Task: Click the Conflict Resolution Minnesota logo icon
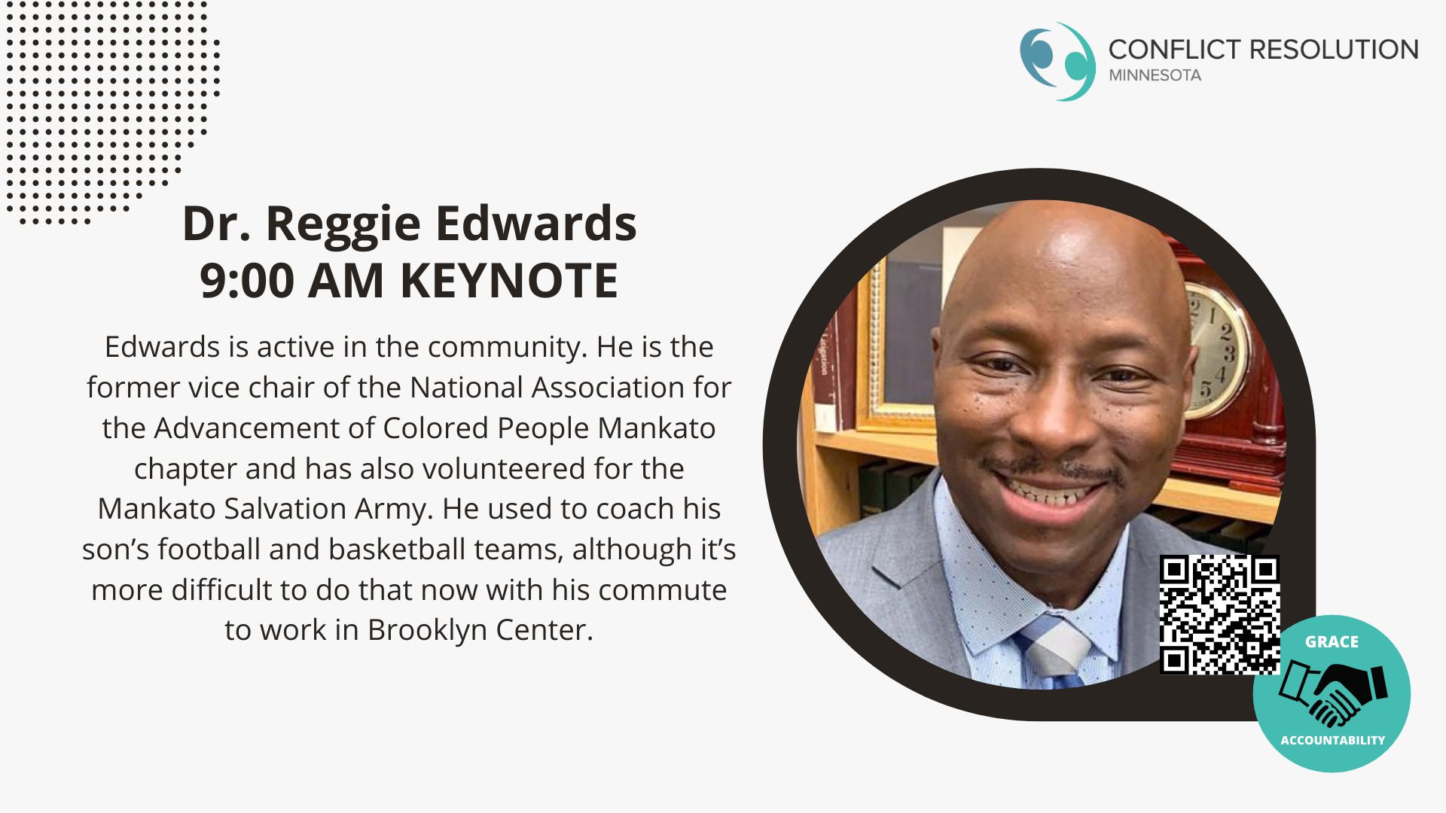point(1057,62)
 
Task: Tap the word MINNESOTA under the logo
point(1155,75)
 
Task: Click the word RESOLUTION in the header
point(1334,50)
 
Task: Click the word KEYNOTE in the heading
point(509,281)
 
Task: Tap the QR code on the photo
point(1219,614)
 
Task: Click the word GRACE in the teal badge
point(1332,642)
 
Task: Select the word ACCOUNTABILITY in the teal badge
point(1332,741)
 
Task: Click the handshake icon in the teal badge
point(1332,691)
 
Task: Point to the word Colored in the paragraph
point(436,428)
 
